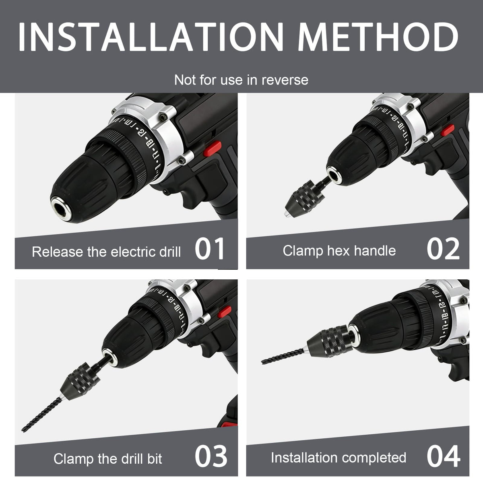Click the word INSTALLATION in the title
coord(151,37)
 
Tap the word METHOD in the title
coord(378,37)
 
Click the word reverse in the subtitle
coord(285,80)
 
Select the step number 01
coord(210,249)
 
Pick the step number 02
coord(443,249)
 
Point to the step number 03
coord(211,456)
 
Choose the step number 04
coord(444,456)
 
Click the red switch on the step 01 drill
coord(212,149)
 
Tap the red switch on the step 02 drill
coord(448,130)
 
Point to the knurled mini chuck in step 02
coord(303,197)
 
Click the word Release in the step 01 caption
coord(58,252)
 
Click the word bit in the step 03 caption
coord(155,459)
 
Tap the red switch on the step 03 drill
coord(224,312)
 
